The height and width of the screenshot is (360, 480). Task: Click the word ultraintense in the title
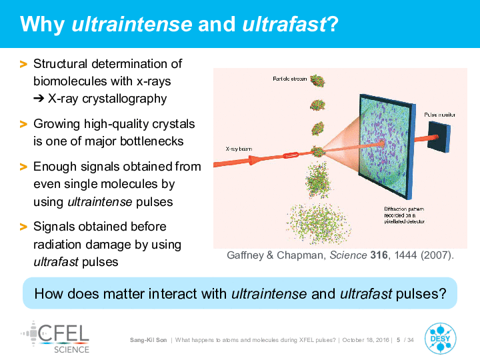[132, 24]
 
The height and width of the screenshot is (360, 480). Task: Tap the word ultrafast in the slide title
[285, 24]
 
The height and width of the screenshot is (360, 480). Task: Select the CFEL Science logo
[55, 337]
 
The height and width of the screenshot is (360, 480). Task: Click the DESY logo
[440, 338]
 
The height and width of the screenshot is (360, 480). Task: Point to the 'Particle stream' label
[289, 79]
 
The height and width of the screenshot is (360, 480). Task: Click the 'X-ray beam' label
[239, 149]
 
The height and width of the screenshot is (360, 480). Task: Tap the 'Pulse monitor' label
[439, 115]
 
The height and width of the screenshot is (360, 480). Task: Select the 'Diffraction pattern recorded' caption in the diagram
[405, 215]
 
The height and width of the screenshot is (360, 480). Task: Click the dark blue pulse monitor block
[439, 137]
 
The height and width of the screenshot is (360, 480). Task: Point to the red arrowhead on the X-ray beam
[255, 160]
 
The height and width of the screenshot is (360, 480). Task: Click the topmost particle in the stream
[317, 81]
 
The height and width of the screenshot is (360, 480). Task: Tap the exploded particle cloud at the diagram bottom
[319, 224]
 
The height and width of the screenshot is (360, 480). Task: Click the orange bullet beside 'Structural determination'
[23, 64]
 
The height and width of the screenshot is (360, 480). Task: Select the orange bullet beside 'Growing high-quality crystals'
[23, 124]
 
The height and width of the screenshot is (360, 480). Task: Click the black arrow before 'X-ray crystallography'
[39, 99]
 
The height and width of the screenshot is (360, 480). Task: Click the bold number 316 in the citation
[379, 255]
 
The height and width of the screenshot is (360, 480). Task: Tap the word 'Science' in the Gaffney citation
[348, 255]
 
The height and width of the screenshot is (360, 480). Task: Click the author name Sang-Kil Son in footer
[149, 340]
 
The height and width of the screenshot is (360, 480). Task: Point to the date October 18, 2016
[365, 340]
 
